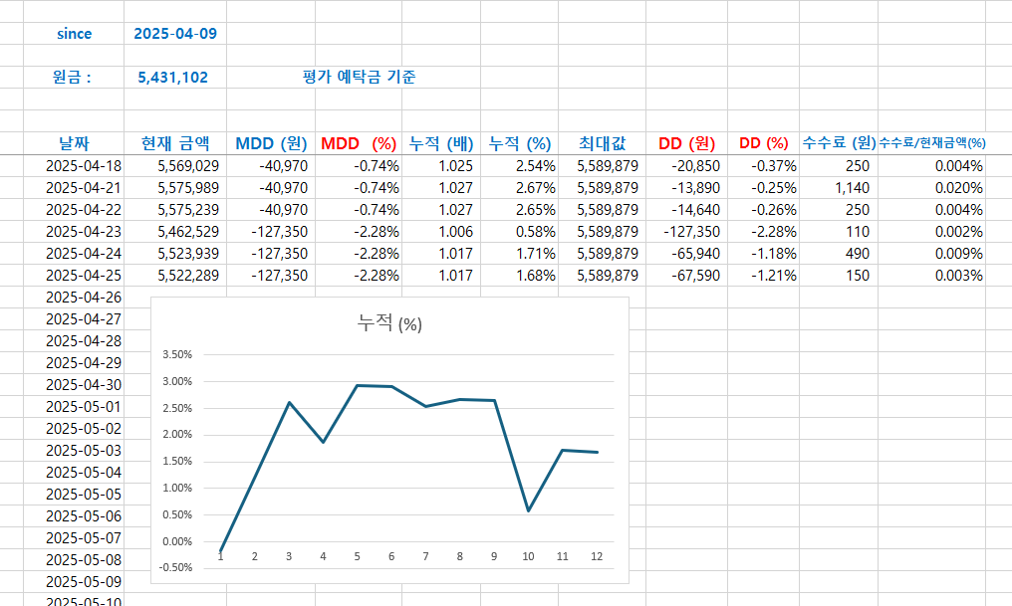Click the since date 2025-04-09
coord(175,34)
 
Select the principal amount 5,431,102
coord(173,78)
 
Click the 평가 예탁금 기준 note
coord(359,77)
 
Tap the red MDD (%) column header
coord(359,143)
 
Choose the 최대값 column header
coord(602,143)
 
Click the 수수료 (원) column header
coord(839,143)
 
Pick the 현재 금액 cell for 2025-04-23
coord(188,232)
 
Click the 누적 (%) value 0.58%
coord(536,232)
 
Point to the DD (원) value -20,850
coord(695,166)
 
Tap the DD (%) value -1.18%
coord(774,254)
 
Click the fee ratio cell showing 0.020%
coord(959,188)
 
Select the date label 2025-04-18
coord(84,166)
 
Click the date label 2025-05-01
coord(84,407)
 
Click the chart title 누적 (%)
coord(389,322)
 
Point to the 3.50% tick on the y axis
coord(177,354)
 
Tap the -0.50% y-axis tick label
coord(177,567)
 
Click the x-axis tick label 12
coord(597,556)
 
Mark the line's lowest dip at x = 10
coord(529,510)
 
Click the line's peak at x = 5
coord(358,385)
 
